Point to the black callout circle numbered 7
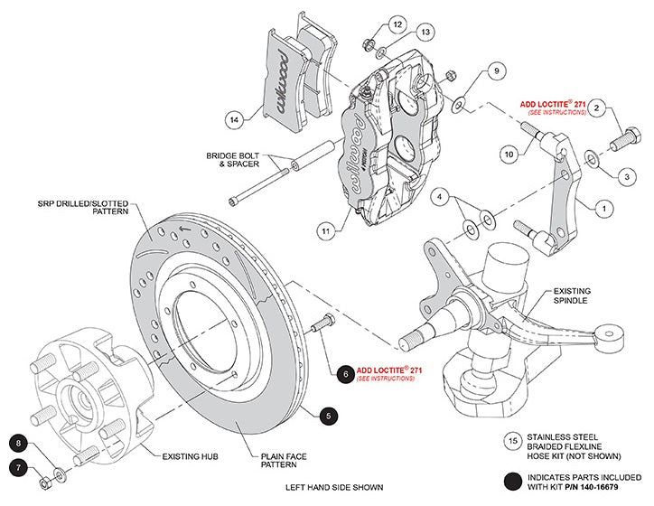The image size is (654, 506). pos(20,468)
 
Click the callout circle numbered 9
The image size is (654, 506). pos(495,70)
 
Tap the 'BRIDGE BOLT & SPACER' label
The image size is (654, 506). pos(233,160)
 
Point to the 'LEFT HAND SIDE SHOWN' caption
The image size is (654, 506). pos(334,488)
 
